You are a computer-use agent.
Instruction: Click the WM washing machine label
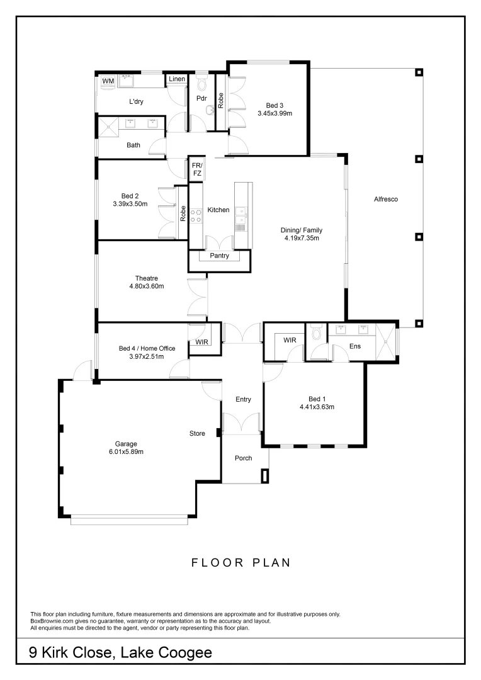tap(108, 81)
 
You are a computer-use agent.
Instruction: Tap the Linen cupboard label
tap(176, 79)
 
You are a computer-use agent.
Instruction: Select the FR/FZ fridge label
tap(197, 169)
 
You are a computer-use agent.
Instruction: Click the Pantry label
tap(219, 256)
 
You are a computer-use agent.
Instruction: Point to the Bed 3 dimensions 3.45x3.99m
tap(274, 113)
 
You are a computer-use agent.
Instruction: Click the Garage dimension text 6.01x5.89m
tap(122, 451)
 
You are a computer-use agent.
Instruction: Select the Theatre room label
tap(146, 278)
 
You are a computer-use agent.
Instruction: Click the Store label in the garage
tap(198, 434)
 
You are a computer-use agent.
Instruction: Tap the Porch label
tap(243, 458)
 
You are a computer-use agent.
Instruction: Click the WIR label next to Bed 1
tap(290, 340)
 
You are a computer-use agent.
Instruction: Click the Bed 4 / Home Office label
tap(147, 348)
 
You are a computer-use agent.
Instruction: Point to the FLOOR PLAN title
tap(241, 562)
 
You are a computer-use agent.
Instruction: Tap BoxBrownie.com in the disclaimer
tap(50, 621)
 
